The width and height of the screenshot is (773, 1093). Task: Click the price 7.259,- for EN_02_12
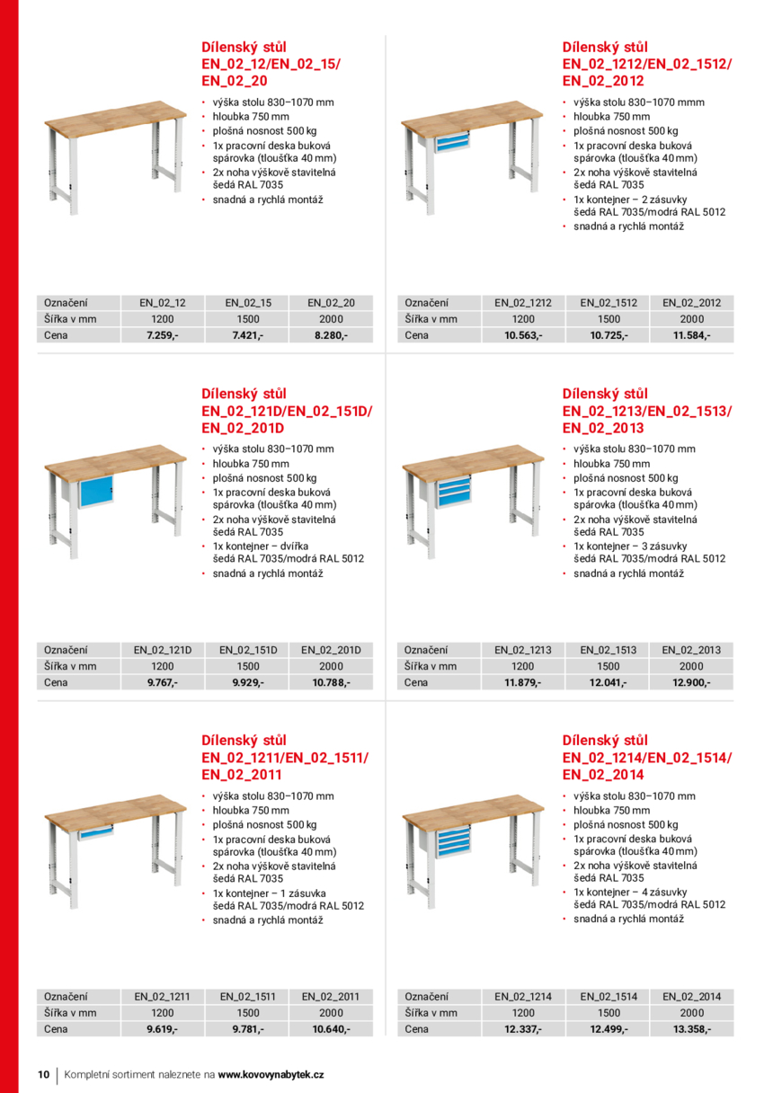[x=163, y=335]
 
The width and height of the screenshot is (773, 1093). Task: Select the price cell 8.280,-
[x=331, y=335]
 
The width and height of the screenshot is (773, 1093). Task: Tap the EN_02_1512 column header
[x=609, y=303]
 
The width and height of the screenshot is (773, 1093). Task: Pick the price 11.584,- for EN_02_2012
[x=691, y=335]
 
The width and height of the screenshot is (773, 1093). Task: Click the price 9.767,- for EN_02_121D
[x=163, y=683]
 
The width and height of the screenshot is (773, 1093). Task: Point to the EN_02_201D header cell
[x=331, y=650]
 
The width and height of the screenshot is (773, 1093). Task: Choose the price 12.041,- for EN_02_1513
[x=609, y=683]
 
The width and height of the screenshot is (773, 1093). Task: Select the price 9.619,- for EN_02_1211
[x=163, y=1029]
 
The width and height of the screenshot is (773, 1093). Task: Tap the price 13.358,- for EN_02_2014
[x=691, y=1029]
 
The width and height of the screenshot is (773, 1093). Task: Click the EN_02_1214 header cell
[x=523, y=997]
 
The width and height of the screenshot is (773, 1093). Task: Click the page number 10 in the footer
[x=43, y=1075]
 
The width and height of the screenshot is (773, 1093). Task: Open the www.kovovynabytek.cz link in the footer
[x=271, y=1075]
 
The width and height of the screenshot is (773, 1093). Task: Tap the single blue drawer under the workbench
[x=94, y=833]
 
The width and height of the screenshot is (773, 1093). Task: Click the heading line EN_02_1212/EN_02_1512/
[x=646, y=64]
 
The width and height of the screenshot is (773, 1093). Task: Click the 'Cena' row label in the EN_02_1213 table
[x=416, y=683]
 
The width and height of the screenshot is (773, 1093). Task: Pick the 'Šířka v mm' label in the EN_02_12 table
[x=70, y=319]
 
